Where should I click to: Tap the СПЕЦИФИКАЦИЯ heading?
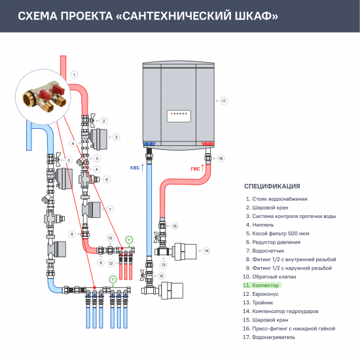272,186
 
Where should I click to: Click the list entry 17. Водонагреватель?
270,336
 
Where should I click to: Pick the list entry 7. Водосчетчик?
266,250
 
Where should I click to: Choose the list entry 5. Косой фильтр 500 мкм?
278,233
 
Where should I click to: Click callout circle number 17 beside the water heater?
223,101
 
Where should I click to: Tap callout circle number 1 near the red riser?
74,75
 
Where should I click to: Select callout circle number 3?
116,137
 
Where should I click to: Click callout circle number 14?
206,251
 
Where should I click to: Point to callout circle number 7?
111,209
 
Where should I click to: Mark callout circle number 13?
164,264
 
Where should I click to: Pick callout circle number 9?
101,262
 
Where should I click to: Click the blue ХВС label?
135,168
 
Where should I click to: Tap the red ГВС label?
196,168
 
